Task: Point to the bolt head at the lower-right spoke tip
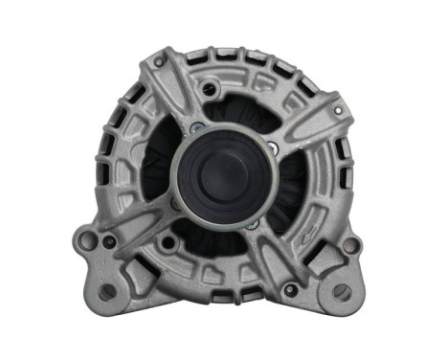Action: (290, 288)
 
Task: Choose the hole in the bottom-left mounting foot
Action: (107, 291)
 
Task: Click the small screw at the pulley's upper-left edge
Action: (195, 127)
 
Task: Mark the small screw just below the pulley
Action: (252, 222)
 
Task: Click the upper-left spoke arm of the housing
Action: (177, 96)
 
